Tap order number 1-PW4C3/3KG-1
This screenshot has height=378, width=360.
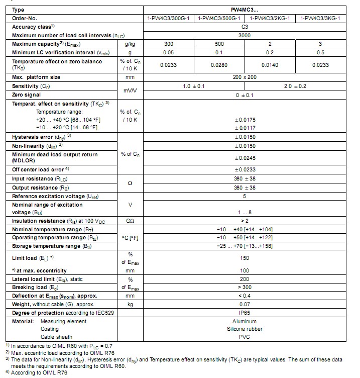[320, 18]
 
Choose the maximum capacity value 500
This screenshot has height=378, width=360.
[220, 44]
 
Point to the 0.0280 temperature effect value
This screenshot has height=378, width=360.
[220, 65]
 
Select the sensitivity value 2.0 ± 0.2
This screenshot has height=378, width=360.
[295, 86]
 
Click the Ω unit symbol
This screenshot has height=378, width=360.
[130, 183]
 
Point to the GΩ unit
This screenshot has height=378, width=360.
[130, 220]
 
